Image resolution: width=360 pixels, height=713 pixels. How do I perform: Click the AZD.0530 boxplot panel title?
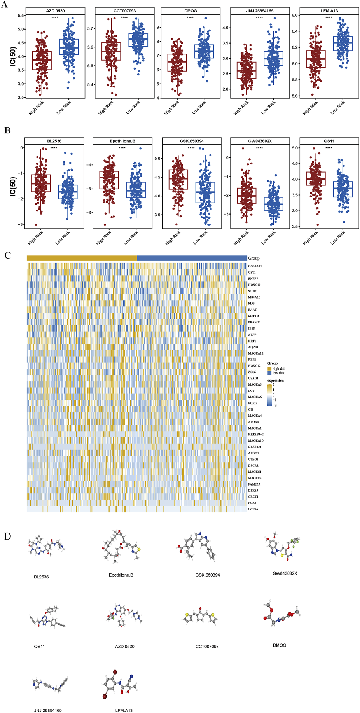tap(55, 11)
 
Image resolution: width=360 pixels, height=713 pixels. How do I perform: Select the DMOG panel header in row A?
tap(190, 11)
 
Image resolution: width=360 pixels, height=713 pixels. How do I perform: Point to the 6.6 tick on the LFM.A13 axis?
tap(295, 16)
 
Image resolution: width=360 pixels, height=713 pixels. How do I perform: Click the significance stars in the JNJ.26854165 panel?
tap(259, 18)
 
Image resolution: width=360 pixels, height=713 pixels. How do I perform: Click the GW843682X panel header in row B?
tap(260, 141)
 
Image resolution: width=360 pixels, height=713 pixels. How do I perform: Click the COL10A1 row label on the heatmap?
tap(255, 266)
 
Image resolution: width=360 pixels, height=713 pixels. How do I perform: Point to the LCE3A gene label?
tap(253, 509)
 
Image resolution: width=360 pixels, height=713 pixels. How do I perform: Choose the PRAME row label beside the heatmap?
tap(254, 322)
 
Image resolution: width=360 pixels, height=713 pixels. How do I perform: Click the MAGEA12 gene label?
tap(256, 353)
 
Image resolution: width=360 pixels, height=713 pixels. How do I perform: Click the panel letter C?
tap(7, 256)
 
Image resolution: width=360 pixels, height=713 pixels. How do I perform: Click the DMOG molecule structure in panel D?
tap(280, 616)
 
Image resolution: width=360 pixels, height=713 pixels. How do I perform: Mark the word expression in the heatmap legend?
tap(276, 381)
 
